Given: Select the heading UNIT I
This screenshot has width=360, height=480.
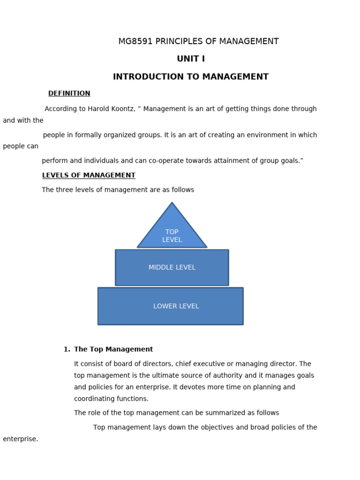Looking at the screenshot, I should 191,59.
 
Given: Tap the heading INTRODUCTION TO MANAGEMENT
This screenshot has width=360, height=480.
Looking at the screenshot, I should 191,77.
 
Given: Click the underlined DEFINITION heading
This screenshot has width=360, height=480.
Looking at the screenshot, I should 69,93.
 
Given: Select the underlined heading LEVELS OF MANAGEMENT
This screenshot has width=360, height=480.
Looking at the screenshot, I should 89,175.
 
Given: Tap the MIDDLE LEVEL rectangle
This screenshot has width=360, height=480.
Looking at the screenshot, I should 172,268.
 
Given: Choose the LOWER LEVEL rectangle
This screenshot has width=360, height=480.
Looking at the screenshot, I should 171,306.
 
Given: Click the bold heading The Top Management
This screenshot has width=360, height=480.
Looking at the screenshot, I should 113,349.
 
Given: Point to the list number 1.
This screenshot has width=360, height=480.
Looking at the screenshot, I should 66,349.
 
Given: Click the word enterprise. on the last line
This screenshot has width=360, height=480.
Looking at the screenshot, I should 20,439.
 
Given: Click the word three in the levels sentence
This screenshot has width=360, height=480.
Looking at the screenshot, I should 66,190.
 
